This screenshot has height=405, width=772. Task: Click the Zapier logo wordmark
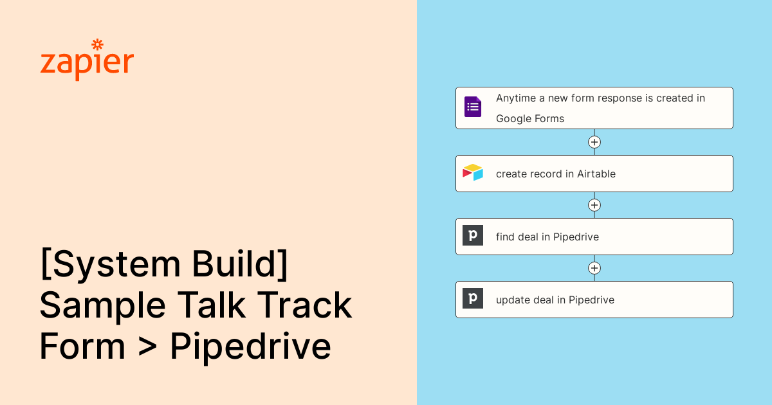pos(87,60)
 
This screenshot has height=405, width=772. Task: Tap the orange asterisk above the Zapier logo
pos(98,44)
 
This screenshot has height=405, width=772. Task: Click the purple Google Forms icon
pos(473,107)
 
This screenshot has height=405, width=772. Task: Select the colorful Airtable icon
pos(473,172)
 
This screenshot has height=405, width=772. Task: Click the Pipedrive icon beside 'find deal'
pos(473,235)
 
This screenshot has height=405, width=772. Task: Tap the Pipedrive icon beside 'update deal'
pos(473,298)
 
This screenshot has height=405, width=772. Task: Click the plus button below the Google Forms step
pos(594,142)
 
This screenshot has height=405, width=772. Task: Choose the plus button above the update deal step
pos(594,268)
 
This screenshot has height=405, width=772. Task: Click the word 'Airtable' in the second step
pos(596,174)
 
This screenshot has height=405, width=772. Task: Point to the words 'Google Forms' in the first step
pos(530,119)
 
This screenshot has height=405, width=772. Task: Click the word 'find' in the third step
pos(505,237)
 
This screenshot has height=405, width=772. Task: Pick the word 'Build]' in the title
pos(240,264)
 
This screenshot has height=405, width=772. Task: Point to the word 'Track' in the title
pos(304,305)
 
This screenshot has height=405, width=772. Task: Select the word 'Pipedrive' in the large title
pos(250,347)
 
